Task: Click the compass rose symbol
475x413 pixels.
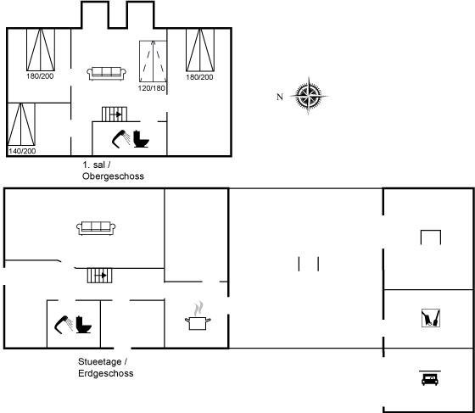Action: pos(309,97)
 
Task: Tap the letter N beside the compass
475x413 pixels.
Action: pos(280,97)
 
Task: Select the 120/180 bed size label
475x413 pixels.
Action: pos(152,88)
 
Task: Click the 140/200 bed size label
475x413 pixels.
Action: pos(22,151)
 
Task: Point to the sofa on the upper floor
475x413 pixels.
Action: pos(106,74)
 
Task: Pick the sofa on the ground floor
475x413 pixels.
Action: pos(96,228)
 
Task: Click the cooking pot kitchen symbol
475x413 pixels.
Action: pos(198,315)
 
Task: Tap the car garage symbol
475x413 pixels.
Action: pos(430,378)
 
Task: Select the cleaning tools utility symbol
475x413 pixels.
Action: pos(431,318)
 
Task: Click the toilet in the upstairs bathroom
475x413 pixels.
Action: pos(141,139)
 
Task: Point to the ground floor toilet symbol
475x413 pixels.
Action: pos(83,325)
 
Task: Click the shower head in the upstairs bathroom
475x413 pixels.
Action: pos(120,139)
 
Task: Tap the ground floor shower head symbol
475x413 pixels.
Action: pos(64,325)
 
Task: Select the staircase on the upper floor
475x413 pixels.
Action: pos(115,114)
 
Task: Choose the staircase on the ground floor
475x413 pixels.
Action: pos(100,276)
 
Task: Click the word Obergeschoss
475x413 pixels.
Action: pos(113,176)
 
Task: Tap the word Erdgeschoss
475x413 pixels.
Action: pos(106,373)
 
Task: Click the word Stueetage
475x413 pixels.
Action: pos(100,361)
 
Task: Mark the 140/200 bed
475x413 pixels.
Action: pos(21,125)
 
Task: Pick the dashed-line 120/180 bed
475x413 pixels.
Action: pos(153,61)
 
